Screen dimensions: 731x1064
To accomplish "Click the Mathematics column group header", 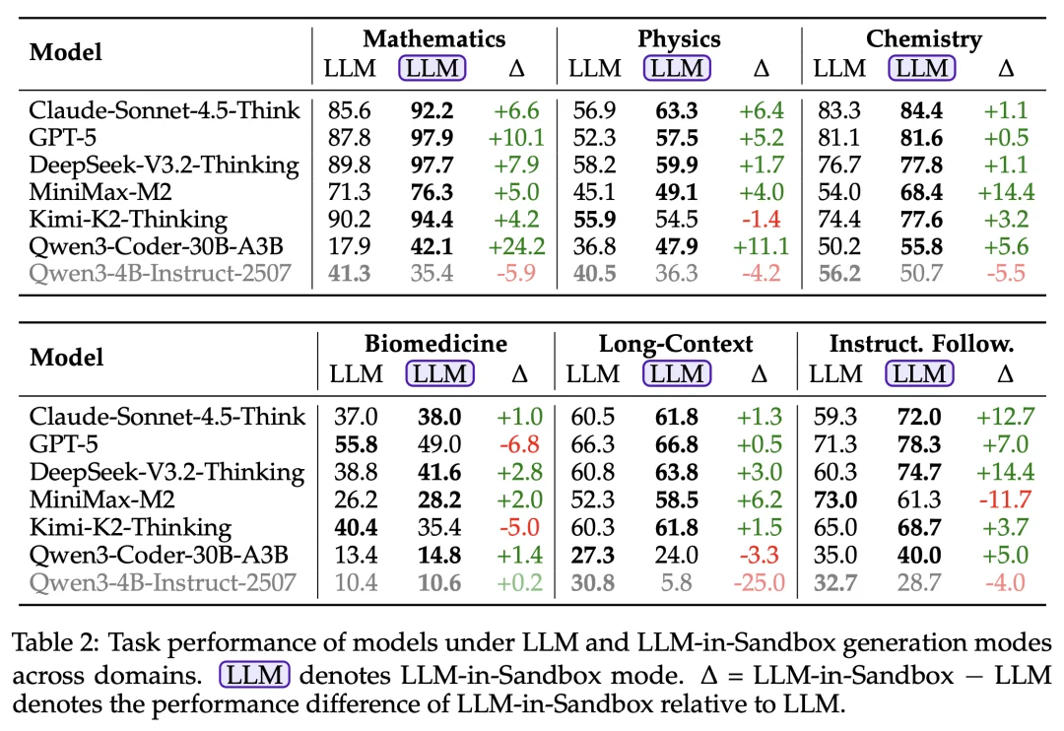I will point(433,39).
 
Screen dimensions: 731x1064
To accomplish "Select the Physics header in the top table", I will point(679,39).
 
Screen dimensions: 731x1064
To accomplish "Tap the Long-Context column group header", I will point(676,344).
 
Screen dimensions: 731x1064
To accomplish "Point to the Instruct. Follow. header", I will point(921,344).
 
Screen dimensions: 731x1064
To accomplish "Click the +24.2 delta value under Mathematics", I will point(516,245).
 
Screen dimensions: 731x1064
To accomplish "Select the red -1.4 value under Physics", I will point(761,219).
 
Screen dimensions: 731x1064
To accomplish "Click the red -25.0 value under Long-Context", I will point(759,582).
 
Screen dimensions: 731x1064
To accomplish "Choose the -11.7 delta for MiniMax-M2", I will point(1004,500).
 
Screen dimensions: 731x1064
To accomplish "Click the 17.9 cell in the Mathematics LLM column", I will point(347,245).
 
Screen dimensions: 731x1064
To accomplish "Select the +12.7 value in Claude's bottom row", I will point(1004,418).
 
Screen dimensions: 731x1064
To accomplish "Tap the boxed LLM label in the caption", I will point(254,676).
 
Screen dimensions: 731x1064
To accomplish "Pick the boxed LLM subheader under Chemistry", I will point(922,69).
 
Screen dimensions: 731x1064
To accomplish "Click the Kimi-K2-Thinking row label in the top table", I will point(128,219).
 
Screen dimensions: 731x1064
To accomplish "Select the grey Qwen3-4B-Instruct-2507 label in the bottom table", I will point(163,582).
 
